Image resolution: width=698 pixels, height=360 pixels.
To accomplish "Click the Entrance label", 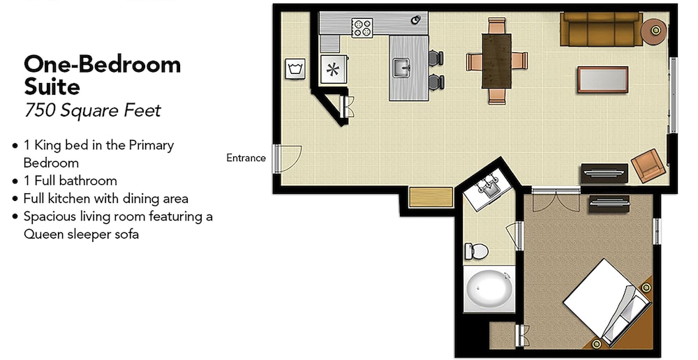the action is coord(246,158).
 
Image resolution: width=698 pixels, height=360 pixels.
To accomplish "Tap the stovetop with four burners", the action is coord(362,28).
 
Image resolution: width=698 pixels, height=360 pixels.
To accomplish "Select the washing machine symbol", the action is coord(295,69).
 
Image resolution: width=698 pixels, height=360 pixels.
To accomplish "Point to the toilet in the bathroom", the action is coord(477,251).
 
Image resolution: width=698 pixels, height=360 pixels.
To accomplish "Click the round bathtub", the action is coord(489,290).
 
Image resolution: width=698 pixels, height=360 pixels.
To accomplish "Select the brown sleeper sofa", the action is coord(601,29).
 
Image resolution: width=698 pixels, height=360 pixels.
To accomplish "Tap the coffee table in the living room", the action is coord(603,80).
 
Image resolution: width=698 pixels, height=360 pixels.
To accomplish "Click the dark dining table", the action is coord(496,61).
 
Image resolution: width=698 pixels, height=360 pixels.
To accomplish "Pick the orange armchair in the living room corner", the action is coord(648,165).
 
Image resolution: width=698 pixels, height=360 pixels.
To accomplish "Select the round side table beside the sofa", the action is coord(655,30).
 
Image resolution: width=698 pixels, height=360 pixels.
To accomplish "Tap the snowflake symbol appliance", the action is coord(332,70).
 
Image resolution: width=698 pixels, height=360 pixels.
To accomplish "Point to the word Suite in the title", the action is coord(52,87).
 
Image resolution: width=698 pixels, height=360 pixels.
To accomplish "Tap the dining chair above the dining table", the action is coord(497,26).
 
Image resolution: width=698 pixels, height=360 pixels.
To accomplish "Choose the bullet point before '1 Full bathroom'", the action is coord(15,181).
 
